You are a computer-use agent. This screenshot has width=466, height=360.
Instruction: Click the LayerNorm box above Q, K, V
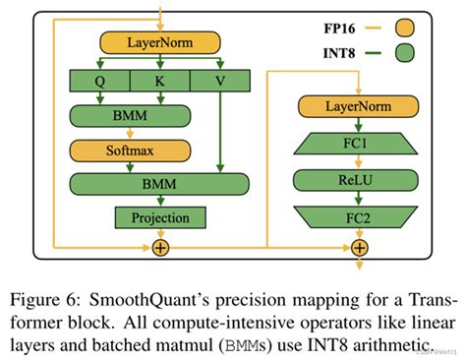click(x=159, y=42)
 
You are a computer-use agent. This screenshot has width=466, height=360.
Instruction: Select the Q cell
click(x=99, y=82)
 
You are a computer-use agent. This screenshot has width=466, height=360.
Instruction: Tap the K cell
click(x=159, y=82)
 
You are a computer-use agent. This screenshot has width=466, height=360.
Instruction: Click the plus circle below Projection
click(x=160, y=247)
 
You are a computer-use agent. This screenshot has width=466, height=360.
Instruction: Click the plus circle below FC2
click(x=361, y=247)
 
